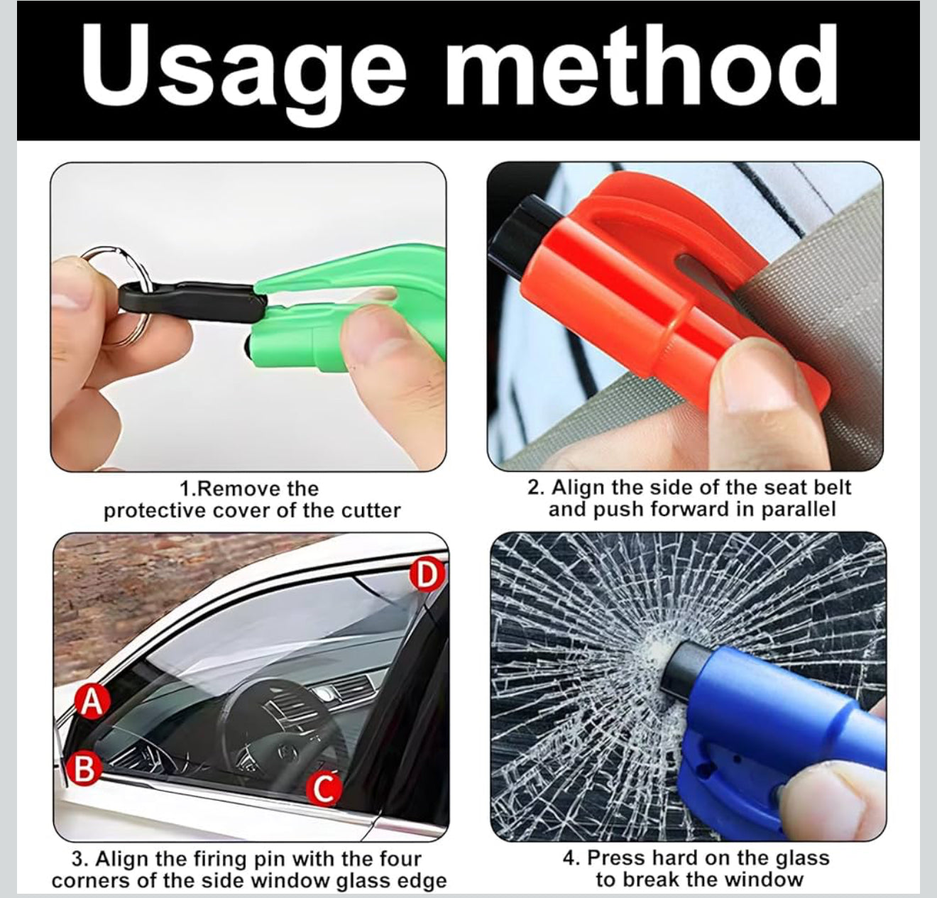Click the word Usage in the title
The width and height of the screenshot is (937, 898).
tap(243, 70)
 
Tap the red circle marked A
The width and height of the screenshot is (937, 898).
tap(92, 701)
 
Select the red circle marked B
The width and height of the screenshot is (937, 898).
tap(84, 769)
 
